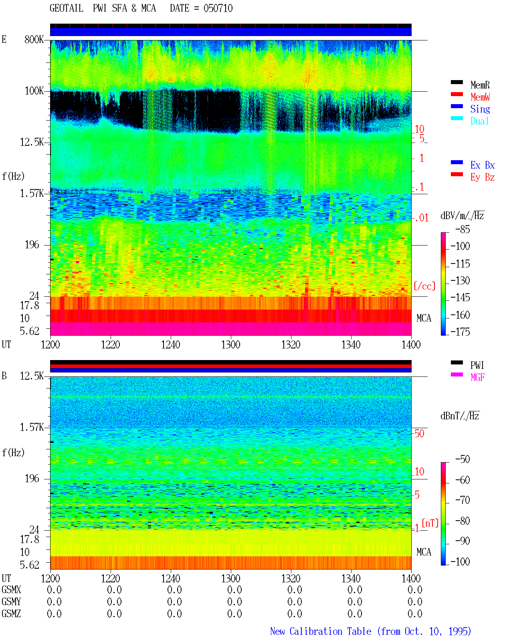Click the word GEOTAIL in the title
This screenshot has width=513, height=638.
click(67, 8)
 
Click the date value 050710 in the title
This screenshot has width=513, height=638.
click(218, 8)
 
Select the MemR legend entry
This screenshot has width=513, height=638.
click(480, 85)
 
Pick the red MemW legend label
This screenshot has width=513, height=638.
click(480, 97)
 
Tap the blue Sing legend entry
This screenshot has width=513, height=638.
click(480, 109)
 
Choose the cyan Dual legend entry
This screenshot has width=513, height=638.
click(479, 121)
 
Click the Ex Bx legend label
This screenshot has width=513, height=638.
click(483, 165)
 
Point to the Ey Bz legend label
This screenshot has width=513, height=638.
click(483, 177)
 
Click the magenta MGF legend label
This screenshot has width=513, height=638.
click(477, 377)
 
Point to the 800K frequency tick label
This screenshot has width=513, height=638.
click(34, 39)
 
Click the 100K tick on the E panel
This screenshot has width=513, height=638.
click(34, 91)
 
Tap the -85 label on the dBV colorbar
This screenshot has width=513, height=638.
click(463, 229)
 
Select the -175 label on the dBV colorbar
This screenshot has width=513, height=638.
click(460, 332)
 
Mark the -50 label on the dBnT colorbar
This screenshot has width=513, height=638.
click(463, 459)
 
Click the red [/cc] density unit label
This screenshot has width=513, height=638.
click(424, 286)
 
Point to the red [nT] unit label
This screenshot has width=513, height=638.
click(430, 523)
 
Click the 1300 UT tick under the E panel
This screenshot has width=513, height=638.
click(230, 344)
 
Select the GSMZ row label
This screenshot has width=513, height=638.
click(11, 614)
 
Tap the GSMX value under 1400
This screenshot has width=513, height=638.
click(415, 590)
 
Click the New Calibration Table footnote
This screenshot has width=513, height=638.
click(370, 631)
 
